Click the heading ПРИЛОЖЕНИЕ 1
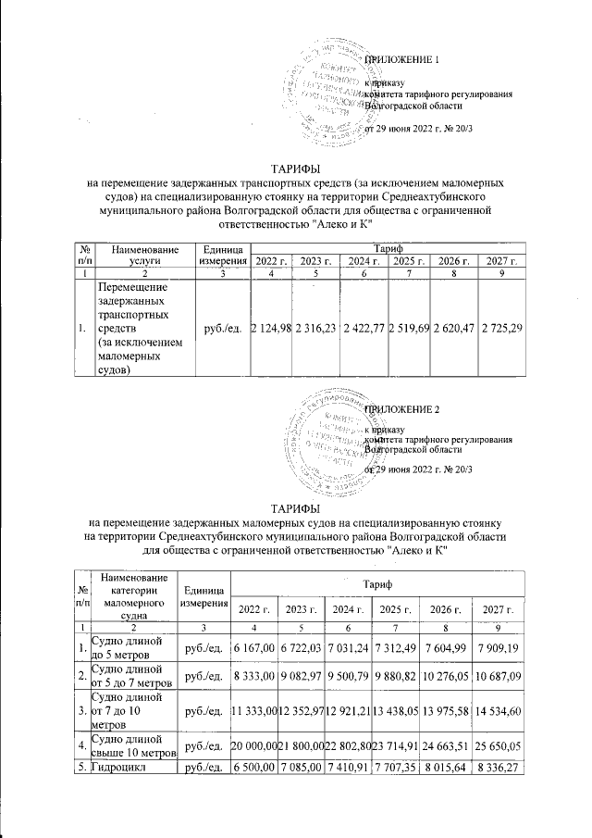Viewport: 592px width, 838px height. click(404, 61)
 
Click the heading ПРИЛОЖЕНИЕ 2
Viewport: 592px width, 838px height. click(404, 408)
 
